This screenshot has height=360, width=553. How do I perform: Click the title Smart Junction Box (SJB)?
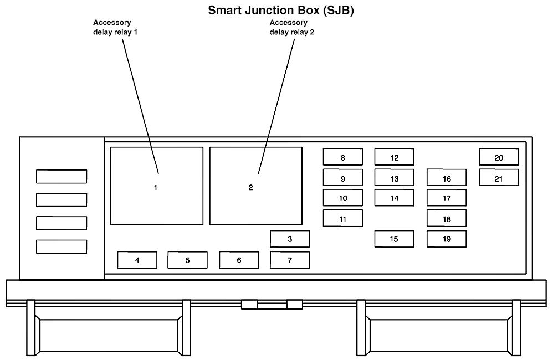(x=280, y=10)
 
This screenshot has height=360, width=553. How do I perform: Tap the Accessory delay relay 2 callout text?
(x=289, y=27)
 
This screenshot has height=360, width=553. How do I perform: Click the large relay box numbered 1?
(x=157, y=186)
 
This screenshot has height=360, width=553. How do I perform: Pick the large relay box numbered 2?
(x=255, y=186)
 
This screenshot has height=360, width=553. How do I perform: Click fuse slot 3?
(x=290, y=239)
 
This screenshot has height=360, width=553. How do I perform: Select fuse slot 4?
(x=137, y=260)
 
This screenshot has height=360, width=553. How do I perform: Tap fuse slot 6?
(x=239, y=260)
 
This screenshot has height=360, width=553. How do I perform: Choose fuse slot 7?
(x=290, y=260)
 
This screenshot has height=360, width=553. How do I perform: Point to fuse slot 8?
(x=343, y=157)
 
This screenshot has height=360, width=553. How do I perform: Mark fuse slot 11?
(x=343, y=219)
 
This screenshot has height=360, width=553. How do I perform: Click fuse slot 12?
(x=394, y=157)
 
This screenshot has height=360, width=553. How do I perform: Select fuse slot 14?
(x=394, y=198)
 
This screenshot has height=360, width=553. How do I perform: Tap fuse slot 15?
(x=394, y=239)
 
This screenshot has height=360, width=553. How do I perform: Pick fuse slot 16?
(x=447, y=178)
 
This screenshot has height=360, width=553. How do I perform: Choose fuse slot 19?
(x=447, y=239)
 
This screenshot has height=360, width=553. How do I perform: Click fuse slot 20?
(x=499, y=157)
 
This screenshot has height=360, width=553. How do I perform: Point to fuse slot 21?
(x=499, y=178)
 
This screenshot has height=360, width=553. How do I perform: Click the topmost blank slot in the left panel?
(x=62, y=177)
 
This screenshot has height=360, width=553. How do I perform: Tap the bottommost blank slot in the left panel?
(x=62, y=246)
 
